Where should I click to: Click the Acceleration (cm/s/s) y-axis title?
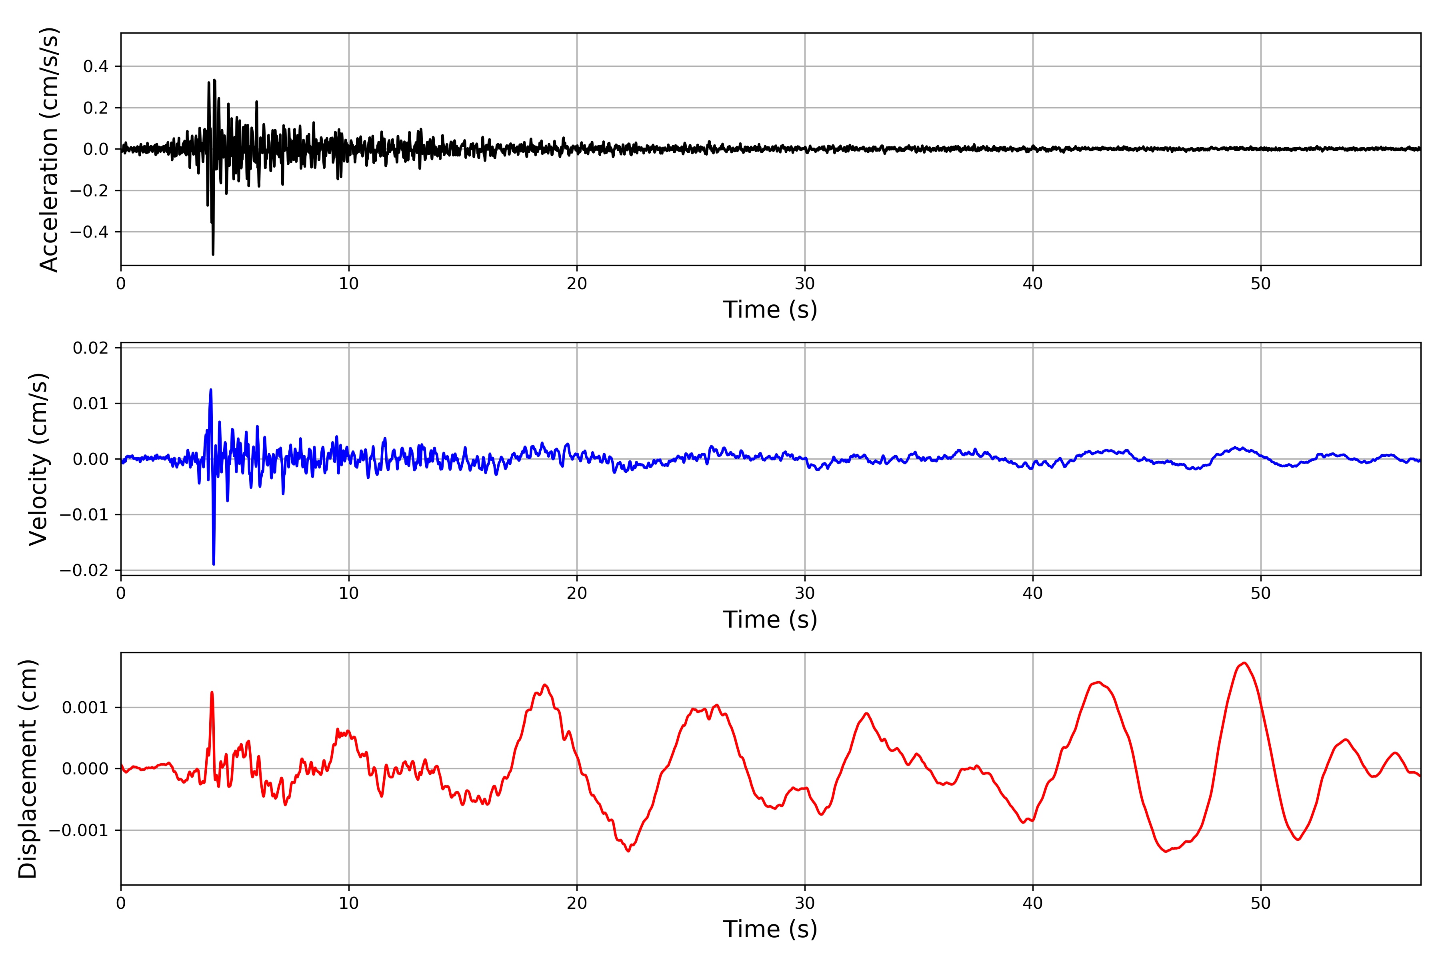pyautogui.click(x=49, y=149)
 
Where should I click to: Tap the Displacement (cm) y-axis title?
pyautogui.click(x=28, y=768)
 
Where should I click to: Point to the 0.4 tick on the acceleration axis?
pyautogui.click(x=96, y=66)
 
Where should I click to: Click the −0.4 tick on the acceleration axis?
pyautogui.click(x=89, y=232)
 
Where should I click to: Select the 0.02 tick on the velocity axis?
pyautogui.click(x=91, y=348)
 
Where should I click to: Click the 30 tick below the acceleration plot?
pyautogui.click(x=804, y=284)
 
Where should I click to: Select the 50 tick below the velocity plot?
pyautogui.click(x=1261, y=593)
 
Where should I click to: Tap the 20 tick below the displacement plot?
pyautogui.click(x=577, y=903)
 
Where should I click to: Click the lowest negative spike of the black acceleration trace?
pyautogui.click(x=213, y=254)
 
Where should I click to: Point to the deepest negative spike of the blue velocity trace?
pyautogui.click(x=214, y=564)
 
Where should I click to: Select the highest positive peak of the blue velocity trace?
pyautogui.click(x=211, y=389)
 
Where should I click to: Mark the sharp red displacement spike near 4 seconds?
pyautogui.click(x=212, y=692)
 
